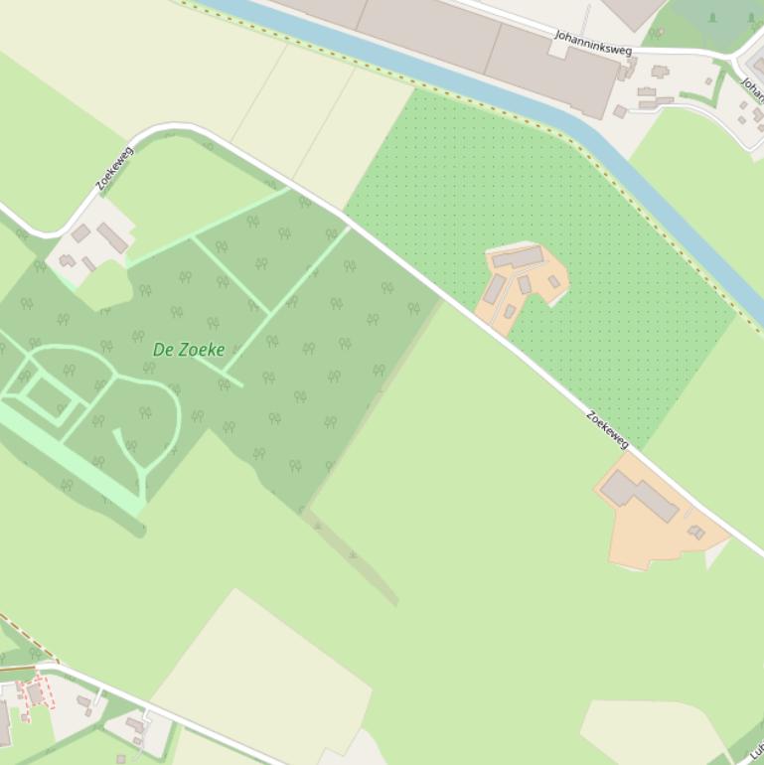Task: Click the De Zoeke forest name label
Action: click(x=189, y=350)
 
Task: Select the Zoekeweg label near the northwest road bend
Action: click(x=114, y=168)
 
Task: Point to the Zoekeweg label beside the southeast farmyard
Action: click(x=607, y=429)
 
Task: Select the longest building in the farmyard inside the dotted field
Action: click(x=518, y=258)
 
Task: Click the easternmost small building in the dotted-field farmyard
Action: click(x=554, y=282)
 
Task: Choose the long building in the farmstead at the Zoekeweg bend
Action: click(x=112, y=238)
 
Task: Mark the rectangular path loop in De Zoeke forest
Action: click(x=49, y=397)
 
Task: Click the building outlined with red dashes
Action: click(x=35, y=693)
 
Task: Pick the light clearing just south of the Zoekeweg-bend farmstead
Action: click(x=103, y=288)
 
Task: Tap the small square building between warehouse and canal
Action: click(x=620, y=111)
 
